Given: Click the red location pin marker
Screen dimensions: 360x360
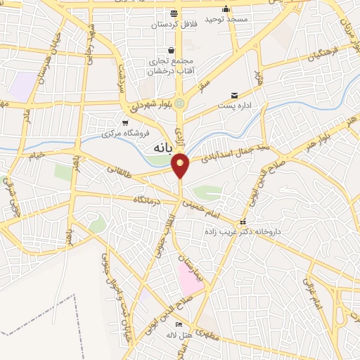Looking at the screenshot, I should coord(181,165).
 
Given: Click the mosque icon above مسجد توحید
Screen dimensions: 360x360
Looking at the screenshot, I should coord(226,9).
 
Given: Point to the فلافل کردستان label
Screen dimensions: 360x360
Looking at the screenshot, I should coord(173,24).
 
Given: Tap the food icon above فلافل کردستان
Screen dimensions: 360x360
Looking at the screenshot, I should coord(174,13).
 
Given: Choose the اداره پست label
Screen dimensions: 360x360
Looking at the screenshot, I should coord(235,106).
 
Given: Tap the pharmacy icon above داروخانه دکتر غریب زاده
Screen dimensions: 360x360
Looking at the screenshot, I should coord(243,221).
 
